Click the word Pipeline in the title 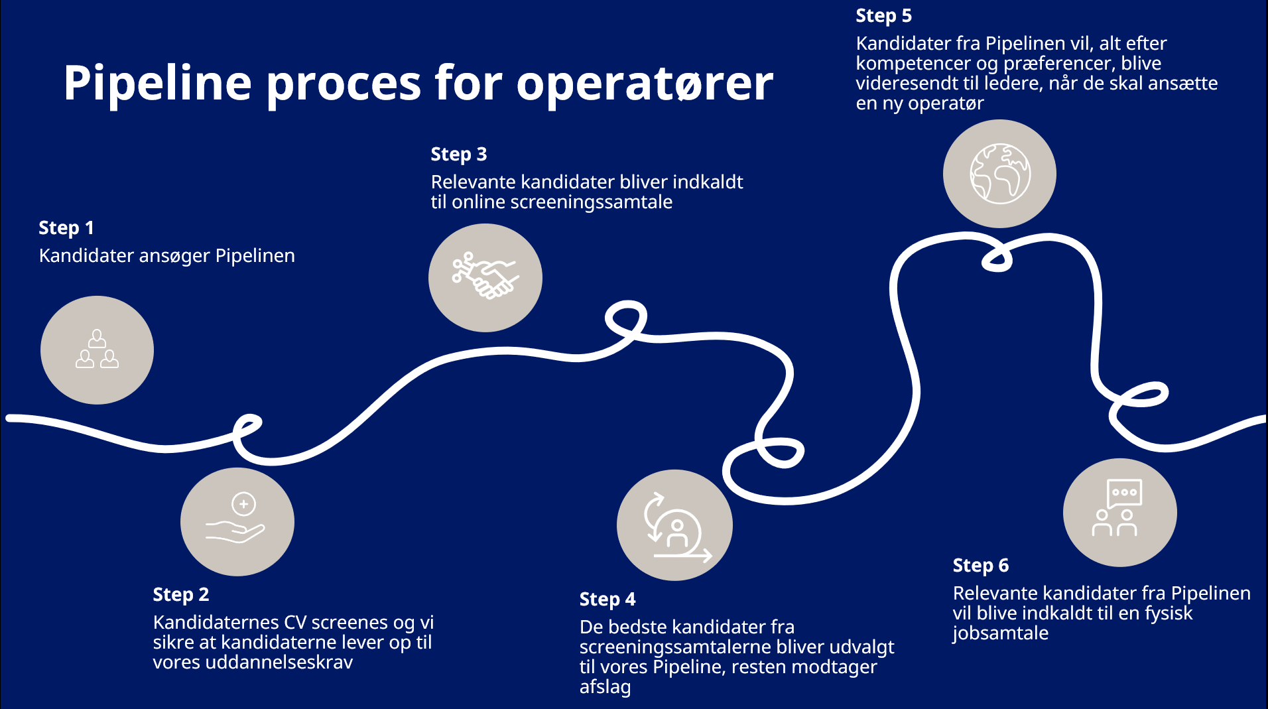tap(158, 84)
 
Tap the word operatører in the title tap(645, 84)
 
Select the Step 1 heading tap(66, 227)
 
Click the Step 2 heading tap(181, 594)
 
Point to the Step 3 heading tap(459, 154)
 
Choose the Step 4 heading tap(607, 599)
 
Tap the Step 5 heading tap(884, 15)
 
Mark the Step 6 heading tap(981, 565)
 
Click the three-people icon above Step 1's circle tap(97, 349)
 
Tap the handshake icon tap(485, 276)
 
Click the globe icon tap(1000, 174)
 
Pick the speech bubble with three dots tap(1125, 493)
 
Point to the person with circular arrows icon tap(676, 527)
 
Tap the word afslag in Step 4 tap(605, 687)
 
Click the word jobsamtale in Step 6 tap(1001, 633)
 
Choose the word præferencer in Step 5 tap(1059, 64)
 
